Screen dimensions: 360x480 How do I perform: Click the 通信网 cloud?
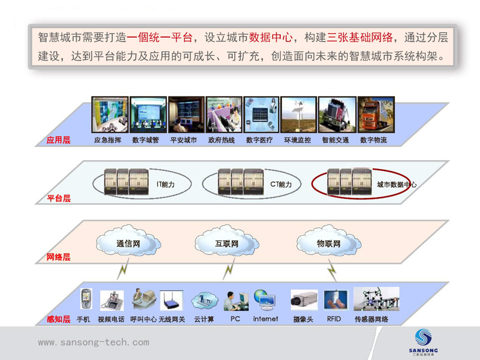pos(128,244)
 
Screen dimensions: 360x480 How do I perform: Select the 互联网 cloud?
pos(227,244)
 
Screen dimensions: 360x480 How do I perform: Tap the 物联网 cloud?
pos(328,244)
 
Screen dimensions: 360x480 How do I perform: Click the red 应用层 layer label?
pos(58,140)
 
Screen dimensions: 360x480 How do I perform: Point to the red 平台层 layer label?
pos(58,198)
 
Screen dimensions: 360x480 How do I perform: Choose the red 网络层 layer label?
pos(58,257)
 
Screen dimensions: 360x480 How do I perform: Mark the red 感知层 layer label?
pos(58,319)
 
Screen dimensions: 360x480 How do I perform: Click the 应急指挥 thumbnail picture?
pos(109,115)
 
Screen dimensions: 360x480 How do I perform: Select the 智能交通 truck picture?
pos(335,115)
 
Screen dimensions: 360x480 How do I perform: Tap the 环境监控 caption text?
pos(298,140)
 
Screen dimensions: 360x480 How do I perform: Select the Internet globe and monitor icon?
pos(265,298)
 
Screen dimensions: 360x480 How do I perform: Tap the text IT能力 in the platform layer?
pos(166,184)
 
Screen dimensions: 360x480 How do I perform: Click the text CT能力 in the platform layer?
pos(281,184)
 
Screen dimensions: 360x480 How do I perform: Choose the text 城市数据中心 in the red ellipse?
pos(397,185)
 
